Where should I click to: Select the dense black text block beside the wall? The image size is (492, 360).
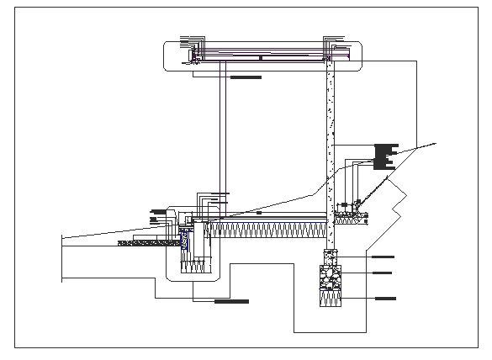point(384,154)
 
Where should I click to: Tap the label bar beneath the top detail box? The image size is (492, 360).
point(246,77)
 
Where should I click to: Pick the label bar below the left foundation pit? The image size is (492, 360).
point(231,300)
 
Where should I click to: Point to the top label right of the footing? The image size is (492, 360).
point(382,255)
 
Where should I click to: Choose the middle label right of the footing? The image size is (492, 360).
point(382,273)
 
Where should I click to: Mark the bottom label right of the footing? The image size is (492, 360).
point(385,298)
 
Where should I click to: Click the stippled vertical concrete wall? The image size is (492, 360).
point(331,135)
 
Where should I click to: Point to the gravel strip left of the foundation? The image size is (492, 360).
point(147,243)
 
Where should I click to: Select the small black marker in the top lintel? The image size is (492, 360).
point(262,57)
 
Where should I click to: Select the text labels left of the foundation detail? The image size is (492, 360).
point(156,214)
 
